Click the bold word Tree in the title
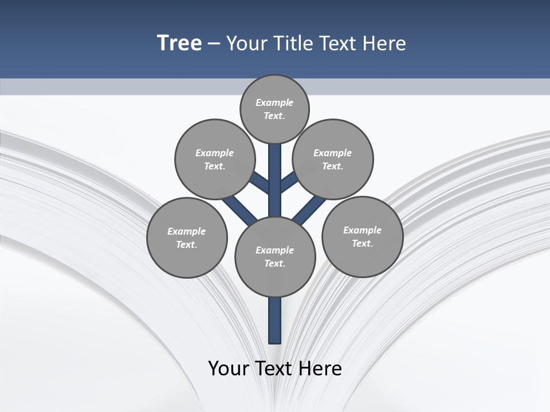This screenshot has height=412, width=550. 179,43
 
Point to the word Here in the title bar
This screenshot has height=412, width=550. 384,43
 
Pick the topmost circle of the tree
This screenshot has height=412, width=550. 274,109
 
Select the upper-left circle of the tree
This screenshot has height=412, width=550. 215,159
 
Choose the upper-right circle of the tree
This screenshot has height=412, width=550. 333,159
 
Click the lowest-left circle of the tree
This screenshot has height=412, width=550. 187,237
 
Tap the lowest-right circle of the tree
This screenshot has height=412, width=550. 362,236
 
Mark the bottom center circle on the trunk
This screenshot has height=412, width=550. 275,256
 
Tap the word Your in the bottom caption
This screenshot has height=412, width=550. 228,368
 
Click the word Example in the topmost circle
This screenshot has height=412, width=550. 274,102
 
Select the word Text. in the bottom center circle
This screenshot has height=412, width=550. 274,263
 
